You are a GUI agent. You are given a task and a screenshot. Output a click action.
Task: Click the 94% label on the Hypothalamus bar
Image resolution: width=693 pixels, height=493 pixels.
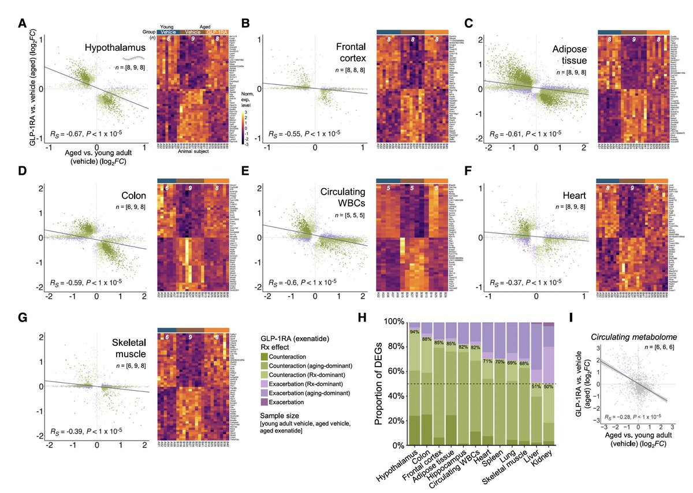coord(414,332)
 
